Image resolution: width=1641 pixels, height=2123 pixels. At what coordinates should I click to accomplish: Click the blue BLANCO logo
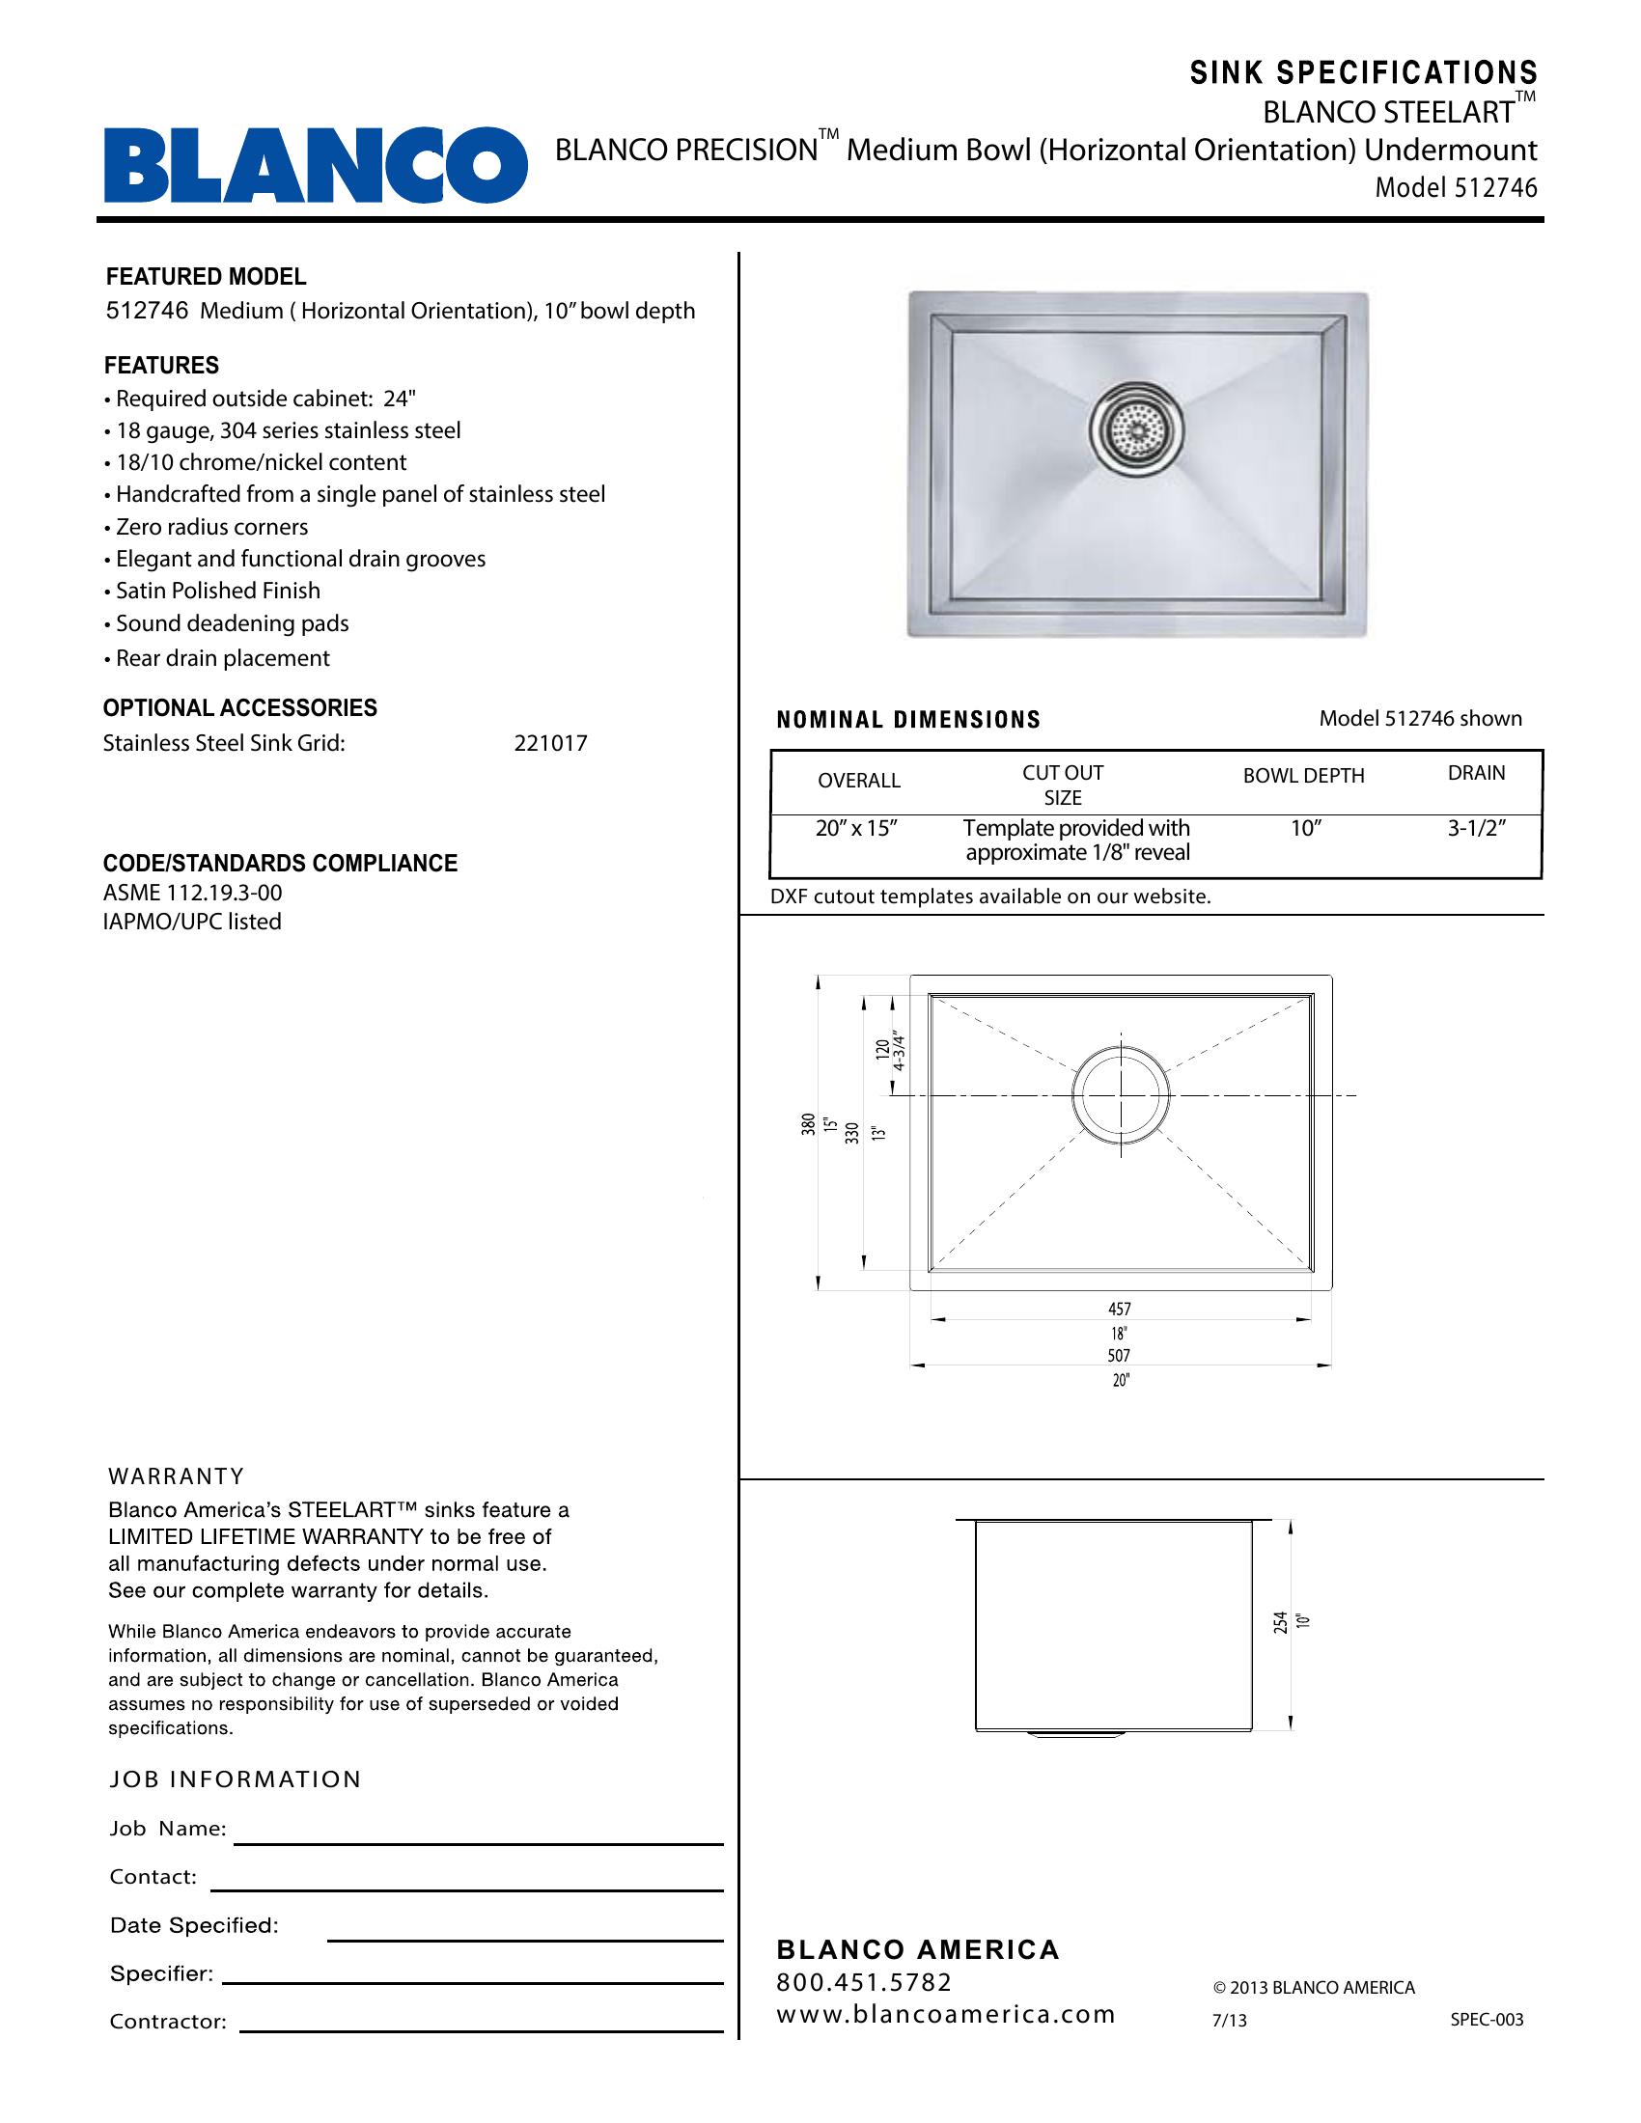click(x=315, y=165)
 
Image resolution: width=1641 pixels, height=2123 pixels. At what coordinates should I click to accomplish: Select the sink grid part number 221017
click(x=550, y=744)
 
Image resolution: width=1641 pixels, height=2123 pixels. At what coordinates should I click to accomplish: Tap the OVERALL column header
click(x=858, y=781)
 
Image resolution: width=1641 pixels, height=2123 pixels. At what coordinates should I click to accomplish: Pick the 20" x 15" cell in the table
click(x=855, y=829)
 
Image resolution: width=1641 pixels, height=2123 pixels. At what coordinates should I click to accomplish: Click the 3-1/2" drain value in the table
click(x=1476, y=829)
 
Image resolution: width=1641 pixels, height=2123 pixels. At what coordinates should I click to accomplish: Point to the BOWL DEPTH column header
click(x=1303, y=776)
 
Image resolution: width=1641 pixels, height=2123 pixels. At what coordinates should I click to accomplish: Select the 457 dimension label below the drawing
click(x=1120, y=1310)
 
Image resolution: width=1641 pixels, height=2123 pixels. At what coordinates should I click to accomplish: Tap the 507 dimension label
click(x=1120, y=1355)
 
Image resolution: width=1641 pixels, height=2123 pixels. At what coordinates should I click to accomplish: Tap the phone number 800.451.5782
click(x=864, y=1982)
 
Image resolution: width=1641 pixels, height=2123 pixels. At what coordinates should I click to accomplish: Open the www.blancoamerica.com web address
click(x=945, y=2014)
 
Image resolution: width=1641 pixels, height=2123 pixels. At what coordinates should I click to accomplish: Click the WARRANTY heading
click(x=176, y=1476)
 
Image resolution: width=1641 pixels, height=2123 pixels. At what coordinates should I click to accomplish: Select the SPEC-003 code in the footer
click(x=1487, y=2020)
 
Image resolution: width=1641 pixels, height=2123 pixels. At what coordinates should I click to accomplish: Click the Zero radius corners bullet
click(x=212, y=527)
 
